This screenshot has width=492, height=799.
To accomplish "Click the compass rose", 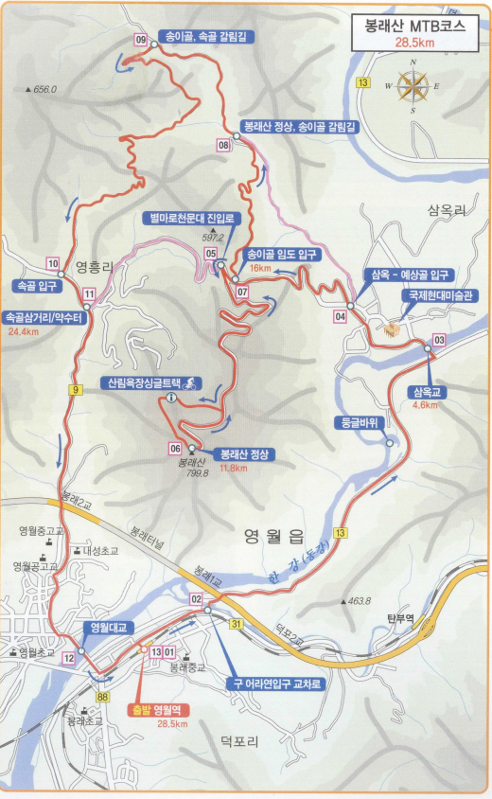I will tap(413, 86).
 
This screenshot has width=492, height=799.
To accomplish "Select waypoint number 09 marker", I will tap(141, 40).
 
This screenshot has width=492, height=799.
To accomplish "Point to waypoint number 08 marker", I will tap(223, 145).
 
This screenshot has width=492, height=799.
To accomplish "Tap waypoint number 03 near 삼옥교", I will tap(439, 339).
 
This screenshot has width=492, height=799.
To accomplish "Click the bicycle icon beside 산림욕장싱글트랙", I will tap(190, 382).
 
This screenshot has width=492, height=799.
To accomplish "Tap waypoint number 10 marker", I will tap(52, 263).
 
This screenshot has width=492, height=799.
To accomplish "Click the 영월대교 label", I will tap(104, 627).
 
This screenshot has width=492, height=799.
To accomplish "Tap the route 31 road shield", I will tap(237, 622).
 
